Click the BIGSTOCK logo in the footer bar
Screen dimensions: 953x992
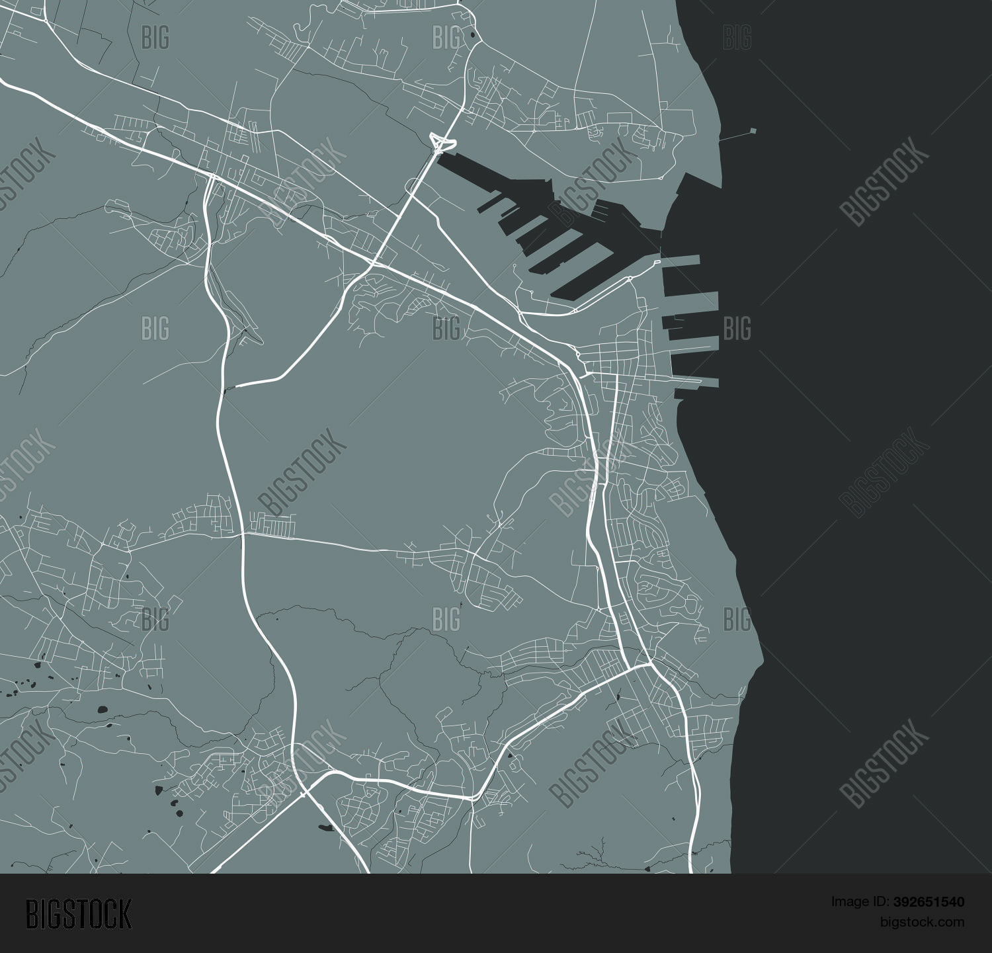(79, 913)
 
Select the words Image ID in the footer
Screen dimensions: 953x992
(853, 901)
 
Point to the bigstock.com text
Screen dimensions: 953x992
(921, 921)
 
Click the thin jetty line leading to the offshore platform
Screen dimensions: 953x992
(734, 136)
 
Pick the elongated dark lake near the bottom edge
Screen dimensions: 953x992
(326, 827)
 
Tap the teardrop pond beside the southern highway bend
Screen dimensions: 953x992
(511, 755)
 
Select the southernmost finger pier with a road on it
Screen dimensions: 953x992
(694, 382)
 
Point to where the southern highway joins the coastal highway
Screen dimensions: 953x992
(647, 665)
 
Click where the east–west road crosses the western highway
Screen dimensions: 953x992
(242, 533)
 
